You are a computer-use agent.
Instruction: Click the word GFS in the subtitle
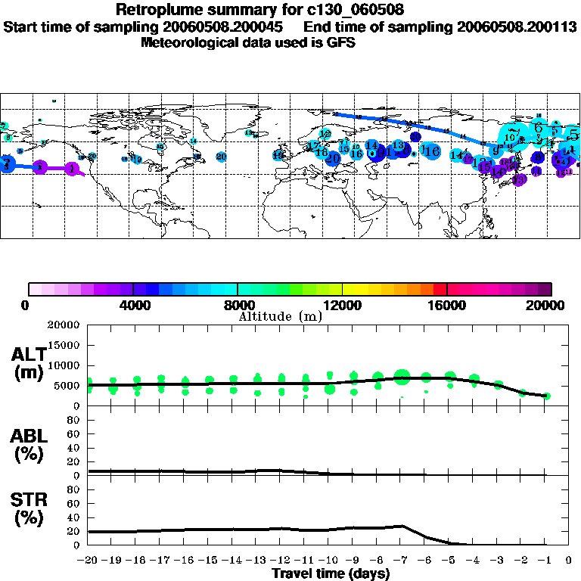340,42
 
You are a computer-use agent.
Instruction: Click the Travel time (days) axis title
331,574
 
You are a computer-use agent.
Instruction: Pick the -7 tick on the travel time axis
401,561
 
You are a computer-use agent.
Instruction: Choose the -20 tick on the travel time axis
89,561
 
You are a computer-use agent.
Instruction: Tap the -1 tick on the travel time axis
545,561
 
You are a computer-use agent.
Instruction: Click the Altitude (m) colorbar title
280,316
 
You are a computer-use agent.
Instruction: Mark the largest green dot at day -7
402,376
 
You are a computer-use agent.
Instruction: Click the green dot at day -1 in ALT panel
546,396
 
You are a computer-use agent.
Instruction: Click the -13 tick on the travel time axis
257,561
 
